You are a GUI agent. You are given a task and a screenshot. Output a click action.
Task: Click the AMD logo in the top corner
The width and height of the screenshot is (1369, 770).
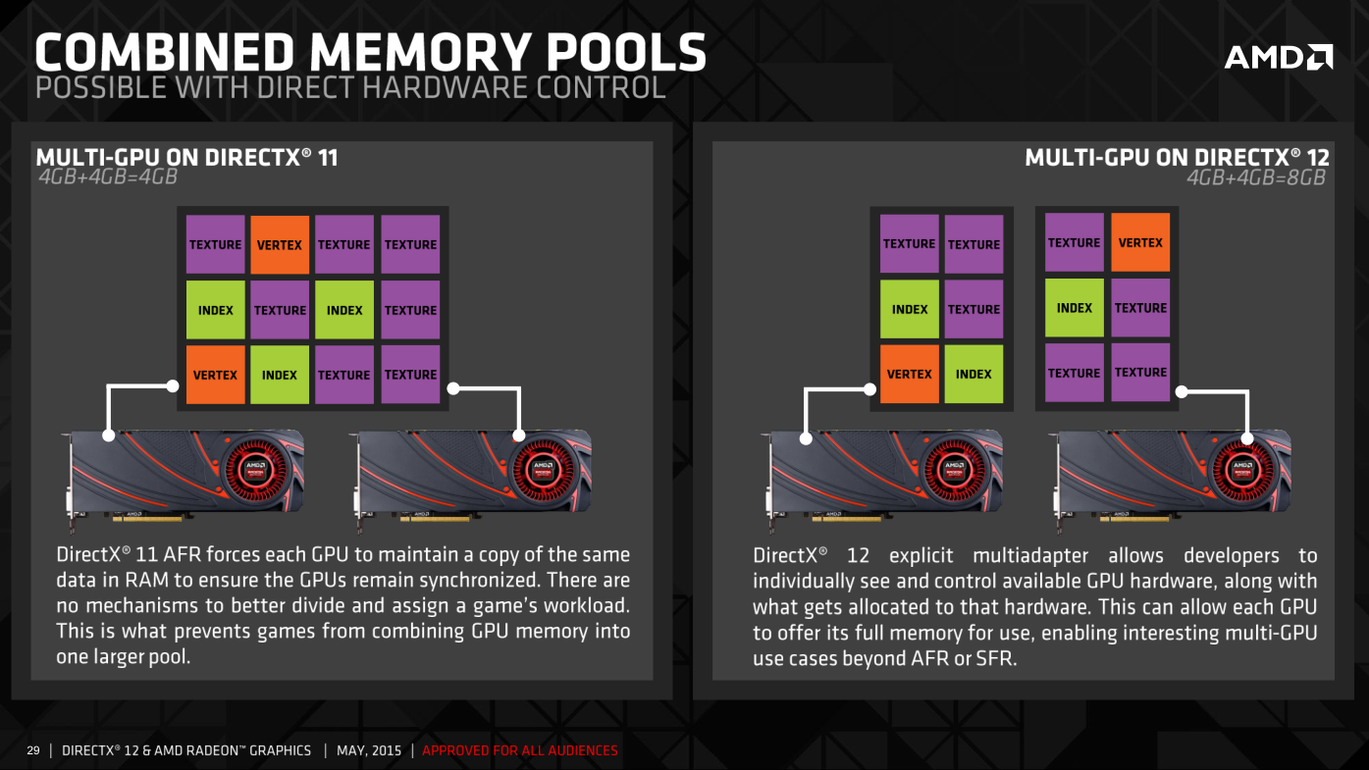point(1278,58)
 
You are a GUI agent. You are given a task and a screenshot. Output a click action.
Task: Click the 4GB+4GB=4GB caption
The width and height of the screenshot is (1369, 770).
point(108,177)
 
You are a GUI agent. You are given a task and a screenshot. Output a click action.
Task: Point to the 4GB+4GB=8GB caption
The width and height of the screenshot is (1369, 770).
point(1255,178)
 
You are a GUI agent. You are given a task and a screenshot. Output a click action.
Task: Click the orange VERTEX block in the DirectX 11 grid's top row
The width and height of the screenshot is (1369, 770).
point(280,245)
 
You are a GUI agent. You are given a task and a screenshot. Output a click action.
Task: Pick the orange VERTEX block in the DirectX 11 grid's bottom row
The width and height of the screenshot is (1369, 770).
point(215,375)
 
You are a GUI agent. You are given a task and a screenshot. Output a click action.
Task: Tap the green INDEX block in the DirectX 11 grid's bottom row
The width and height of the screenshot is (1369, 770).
point(280,375)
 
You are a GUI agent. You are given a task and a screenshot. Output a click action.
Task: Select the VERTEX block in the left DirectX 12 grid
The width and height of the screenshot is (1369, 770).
point(909,374)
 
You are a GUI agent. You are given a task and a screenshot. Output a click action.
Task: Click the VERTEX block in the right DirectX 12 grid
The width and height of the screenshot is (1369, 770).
point(1140,243)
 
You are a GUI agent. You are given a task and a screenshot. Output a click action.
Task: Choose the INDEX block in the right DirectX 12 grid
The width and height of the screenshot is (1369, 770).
point(1075,308)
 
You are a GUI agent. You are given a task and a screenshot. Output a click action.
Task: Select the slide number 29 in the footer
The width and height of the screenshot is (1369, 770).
point(33,751)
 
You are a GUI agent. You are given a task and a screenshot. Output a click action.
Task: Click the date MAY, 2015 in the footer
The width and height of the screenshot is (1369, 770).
point(369,751)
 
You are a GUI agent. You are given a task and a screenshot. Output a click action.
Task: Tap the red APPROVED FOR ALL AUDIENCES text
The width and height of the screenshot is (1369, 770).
point(520,751)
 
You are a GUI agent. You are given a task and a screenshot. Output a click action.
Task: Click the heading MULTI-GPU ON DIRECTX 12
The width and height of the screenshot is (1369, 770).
point(1176,157)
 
